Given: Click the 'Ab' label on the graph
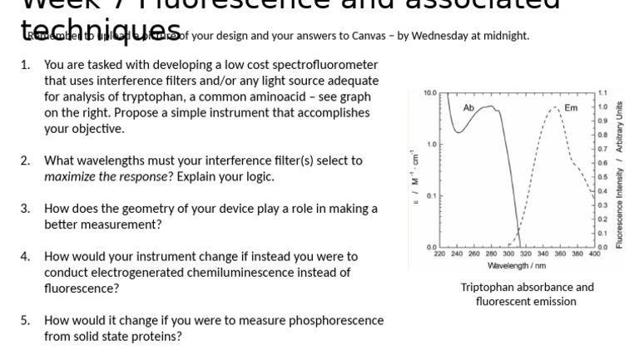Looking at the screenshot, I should point(468,108).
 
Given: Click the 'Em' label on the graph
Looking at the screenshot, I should point(571,108).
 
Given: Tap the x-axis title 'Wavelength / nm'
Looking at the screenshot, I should point(517,265).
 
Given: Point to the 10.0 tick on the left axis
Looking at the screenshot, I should point(429,91).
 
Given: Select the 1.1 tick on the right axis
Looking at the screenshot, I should point(602,91).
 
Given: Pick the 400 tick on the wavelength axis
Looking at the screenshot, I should point(594,254).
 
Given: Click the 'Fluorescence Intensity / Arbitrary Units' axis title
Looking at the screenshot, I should point(619,170).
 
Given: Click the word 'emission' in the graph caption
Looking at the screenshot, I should point(552,302).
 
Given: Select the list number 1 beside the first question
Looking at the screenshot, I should point(25,65).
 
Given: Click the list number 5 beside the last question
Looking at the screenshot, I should point(25,321).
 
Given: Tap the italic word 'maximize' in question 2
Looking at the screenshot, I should point(69,176).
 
